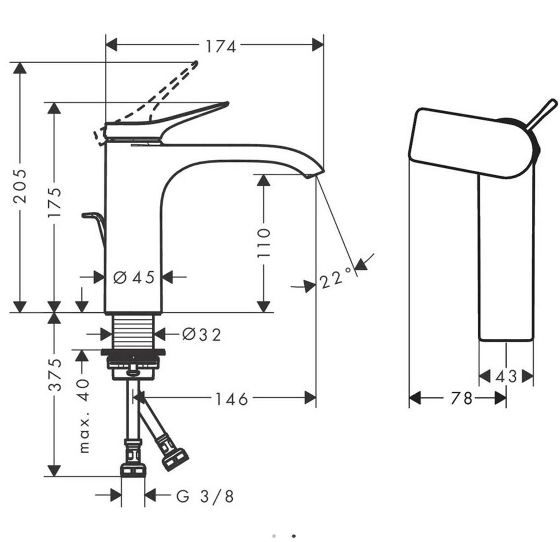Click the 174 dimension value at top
221,47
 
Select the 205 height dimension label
20,186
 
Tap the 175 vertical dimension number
54,202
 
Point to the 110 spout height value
264,243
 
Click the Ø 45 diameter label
134,277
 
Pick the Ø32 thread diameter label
202,335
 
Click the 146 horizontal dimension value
232,399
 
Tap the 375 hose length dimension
54,374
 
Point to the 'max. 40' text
84,416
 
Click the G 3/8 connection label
205,496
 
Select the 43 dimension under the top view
506,376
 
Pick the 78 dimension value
461,398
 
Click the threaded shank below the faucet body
133,332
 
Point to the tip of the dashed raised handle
197,63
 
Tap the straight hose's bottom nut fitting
133,470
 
